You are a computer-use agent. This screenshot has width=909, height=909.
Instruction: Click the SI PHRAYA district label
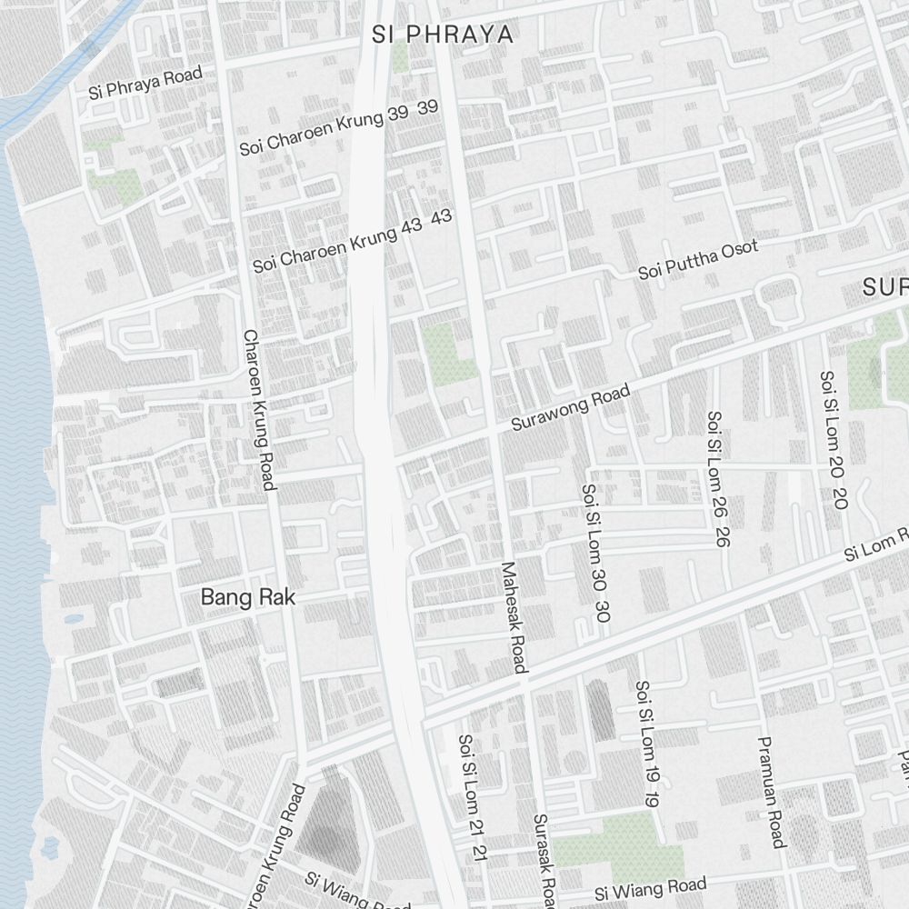pos(443,35)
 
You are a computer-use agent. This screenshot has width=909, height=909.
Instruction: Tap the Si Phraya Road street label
pos(145,83)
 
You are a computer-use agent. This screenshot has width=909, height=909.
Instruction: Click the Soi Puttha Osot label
pos(697,261)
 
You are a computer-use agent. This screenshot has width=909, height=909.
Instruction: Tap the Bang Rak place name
pos(247,597)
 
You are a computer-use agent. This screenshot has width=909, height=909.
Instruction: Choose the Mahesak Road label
pos(514,617)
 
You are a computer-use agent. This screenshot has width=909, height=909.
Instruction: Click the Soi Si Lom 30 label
pos(594,552)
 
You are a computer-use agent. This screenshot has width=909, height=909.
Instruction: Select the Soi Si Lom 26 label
pos(717,478)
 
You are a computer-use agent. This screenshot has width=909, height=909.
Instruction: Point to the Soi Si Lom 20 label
pos(833,439)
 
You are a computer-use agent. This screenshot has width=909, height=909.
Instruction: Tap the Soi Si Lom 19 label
pos(647,744)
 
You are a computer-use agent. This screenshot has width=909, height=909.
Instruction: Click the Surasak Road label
pos(544,859)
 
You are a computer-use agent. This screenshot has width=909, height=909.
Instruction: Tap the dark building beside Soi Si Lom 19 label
pos(600,710)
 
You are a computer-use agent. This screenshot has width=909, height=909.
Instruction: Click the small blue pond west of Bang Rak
pos(73,620)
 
